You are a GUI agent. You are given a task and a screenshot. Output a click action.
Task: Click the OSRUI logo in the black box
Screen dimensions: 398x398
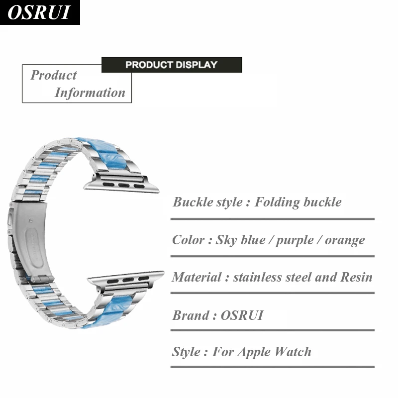point(39,12)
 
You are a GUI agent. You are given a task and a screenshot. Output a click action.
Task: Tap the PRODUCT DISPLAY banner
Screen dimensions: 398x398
point(172,65)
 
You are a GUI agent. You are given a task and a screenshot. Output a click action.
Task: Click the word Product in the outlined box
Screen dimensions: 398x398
point(54,75)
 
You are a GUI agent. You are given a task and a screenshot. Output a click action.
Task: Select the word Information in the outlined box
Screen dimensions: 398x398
point(90,93)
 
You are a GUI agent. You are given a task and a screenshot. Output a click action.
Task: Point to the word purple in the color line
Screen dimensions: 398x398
point(295,240)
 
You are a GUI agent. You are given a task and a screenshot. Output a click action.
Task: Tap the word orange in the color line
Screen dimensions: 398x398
point(345,240)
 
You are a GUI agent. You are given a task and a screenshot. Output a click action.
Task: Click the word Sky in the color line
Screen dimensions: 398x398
point(226,240)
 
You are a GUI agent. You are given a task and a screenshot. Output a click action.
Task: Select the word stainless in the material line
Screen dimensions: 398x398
point(258,277)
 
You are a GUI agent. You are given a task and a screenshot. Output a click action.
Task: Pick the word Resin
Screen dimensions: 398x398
point(356,277)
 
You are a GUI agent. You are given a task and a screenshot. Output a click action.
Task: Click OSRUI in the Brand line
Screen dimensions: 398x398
point(242,315)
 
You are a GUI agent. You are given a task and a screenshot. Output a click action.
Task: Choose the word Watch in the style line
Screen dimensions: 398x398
point(293,352)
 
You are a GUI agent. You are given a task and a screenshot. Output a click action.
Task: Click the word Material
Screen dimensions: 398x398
point(197,277)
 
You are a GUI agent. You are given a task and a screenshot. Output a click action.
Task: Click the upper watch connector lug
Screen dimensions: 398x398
point(121,183)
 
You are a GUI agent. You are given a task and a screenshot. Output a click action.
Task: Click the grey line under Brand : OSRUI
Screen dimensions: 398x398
point(273,330)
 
